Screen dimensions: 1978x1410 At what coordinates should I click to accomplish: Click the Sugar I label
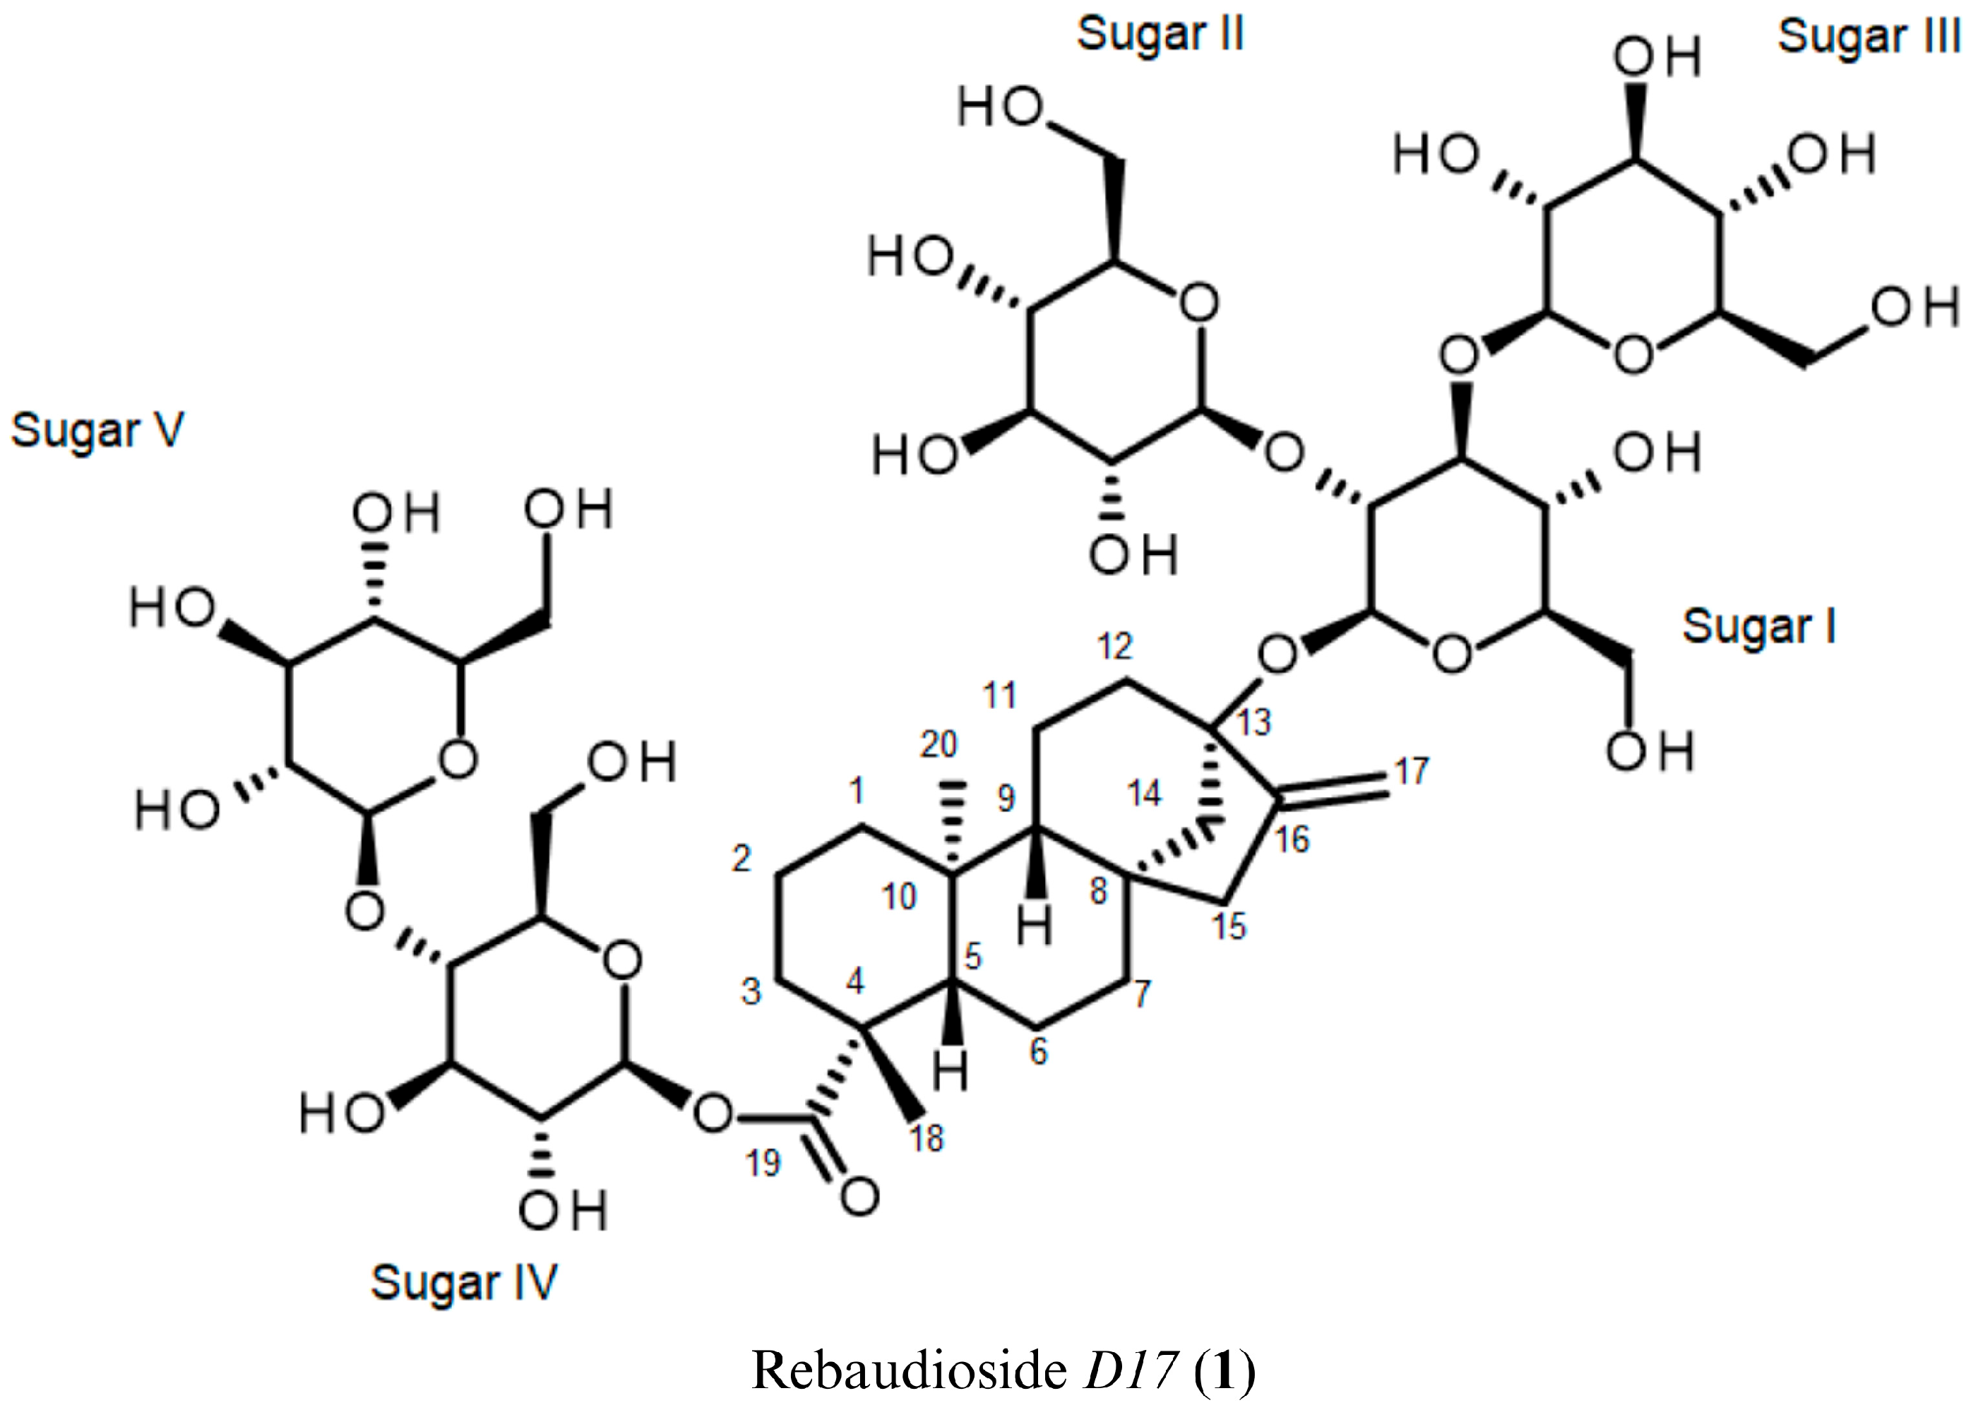1759,628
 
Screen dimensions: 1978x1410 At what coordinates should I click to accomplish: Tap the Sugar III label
1869,38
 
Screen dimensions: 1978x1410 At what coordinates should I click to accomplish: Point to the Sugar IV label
464,1283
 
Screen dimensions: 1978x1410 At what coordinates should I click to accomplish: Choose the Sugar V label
97,431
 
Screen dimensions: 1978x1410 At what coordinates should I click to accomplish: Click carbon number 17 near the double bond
1412,770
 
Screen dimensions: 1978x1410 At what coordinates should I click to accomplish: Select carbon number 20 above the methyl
939,744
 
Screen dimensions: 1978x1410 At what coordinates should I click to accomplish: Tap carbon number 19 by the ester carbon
763,1163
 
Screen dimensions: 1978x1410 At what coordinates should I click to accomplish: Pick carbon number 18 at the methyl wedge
927,1137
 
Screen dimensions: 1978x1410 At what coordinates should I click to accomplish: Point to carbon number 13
1254,722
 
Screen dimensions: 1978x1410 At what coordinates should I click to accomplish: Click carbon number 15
1229,926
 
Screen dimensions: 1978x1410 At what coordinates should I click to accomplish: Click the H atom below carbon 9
1034,926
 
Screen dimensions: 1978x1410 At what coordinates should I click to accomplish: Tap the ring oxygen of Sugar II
1199,304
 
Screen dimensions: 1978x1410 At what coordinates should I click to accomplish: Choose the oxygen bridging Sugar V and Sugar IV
364,912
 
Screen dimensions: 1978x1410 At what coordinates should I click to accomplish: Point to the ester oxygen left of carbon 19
714,1112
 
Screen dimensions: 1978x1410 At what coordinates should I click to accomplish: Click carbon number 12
1115,646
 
